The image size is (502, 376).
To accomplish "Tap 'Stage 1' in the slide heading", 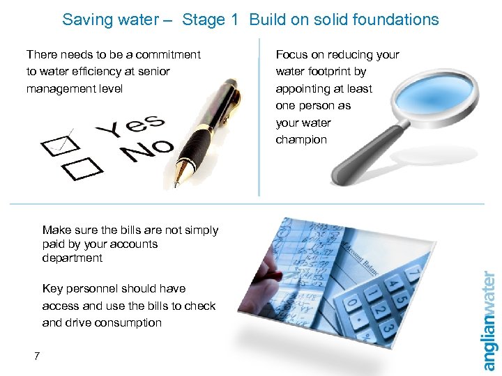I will [x=204, y=19].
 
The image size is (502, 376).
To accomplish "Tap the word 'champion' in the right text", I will [x=301, y=139].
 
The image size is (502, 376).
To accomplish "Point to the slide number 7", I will [x=36, y=357].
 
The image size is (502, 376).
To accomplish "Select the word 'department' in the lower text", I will [x=72, y=258].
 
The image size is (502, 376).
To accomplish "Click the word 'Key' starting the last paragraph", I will [x=52, y=288].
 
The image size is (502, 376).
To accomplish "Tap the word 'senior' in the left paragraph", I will [x=153, y=71].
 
